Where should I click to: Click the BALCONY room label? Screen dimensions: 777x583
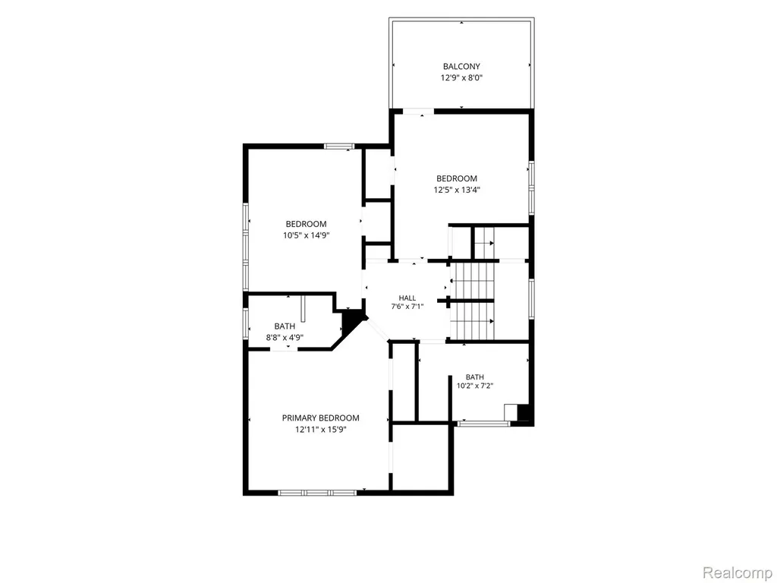(461, 67)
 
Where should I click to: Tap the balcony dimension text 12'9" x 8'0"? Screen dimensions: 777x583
(461, 78)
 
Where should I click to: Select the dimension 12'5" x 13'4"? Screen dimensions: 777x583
(457, 190)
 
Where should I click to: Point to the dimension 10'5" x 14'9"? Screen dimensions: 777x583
(307, 235)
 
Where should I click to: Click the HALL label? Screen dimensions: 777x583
(407, 298)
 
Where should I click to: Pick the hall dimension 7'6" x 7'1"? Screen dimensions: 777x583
(407, 307)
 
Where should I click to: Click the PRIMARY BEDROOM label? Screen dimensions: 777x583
(321, 418)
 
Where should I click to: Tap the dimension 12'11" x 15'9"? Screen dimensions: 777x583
(321, 430)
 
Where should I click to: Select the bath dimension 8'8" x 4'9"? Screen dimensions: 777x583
(285, 338)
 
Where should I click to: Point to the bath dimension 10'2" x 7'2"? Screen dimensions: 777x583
(475, 386)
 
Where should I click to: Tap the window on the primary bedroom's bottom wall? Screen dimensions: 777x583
(317, 493)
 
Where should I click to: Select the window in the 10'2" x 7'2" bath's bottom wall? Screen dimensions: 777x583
(483, 424)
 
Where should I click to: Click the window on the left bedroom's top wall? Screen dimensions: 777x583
(339, 147)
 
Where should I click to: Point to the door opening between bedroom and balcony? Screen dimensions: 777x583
(418, 112)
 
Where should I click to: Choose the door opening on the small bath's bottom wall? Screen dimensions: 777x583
(284, 349)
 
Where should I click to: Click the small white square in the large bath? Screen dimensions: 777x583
(511, 412)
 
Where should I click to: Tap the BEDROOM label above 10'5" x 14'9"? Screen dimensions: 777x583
(307, 224)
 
